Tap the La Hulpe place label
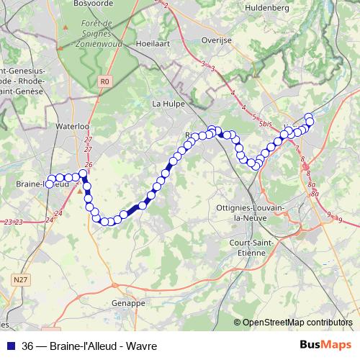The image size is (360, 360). (x=168, y=104)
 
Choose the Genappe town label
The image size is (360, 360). (x=129, y=304)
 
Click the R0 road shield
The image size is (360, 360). (x=105, y=81)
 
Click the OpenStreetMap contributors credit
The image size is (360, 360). (x=297, y=323)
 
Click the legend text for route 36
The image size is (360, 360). (x=89, y=346)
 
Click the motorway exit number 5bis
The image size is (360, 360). (x=266, y=125)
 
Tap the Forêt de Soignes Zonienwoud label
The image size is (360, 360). (x=101, y=32)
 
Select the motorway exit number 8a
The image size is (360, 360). (x=313, y=185)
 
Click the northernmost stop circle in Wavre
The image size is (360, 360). (x=310, y=117)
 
